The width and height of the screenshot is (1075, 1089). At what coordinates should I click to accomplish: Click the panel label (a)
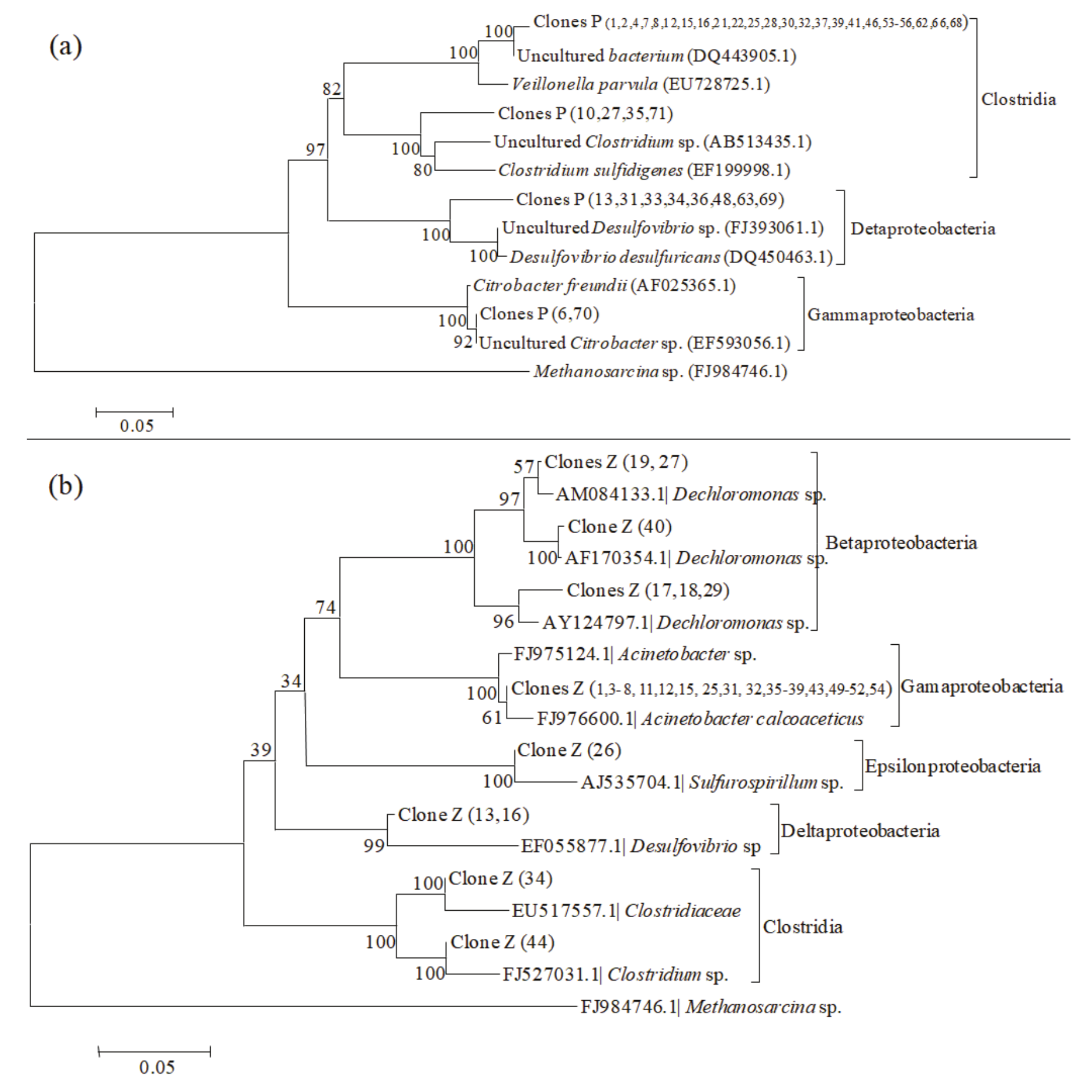(65, 46)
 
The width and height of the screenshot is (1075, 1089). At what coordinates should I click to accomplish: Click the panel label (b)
(65, 486)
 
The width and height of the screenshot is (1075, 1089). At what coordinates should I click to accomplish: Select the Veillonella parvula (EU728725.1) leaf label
(640, 84)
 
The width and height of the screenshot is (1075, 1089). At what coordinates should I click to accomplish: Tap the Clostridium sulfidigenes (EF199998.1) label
(644, 171)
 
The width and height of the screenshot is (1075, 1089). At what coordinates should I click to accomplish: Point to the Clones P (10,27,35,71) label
(585, 113)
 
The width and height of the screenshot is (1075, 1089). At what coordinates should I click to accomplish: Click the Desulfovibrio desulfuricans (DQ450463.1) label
(671, 257)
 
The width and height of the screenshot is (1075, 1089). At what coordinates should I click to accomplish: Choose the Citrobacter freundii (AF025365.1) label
(604, 286)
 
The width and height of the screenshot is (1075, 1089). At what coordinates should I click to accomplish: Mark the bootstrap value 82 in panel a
(332, 89)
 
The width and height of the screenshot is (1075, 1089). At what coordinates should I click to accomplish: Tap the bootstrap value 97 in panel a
(315, 150)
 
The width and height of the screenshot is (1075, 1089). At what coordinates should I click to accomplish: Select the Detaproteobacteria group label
(923, 229)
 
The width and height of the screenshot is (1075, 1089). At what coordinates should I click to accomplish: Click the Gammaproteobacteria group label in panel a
(890, 315)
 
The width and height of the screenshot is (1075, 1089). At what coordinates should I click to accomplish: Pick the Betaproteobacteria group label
(901, 542)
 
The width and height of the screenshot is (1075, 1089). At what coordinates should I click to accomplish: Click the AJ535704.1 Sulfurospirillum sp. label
(711, 782)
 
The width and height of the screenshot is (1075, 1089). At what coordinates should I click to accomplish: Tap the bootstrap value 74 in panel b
(325, 607)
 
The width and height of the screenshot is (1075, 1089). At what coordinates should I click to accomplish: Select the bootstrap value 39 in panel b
(261, 750)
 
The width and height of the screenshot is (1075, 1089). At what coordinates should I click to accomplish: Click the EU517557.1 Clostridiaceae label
(625, 911)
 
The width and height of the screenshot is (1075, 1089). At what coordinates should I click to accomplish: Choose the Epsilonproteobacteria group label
(952, 766)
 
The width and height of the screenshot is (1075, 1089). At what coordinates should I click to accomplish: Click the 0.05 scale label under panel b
(157, 1067)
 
